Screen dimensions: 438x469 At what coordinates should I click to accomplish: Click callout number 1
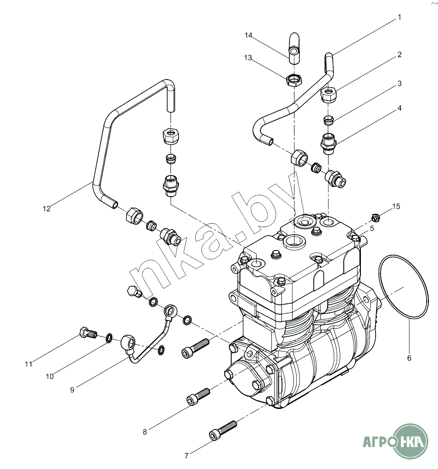399,17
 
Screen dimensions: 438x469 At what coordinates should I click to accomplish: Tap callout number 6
409,358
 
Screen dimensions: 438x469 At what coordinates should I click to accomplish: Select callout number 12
47,209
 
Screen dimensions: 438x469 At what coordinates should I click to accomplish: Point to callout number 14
249,35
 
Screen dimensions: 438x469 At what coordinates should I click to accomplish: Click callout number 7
187,456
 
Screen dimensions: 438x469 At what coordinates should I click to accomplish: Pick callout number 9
72,390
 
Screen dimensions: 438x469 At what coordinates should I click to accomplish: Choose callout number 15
396,206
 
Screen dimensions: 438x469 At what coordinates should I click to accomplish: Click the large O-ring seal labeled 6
404,287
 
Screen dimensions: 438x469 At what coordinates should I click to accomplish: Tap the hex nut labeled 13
295,80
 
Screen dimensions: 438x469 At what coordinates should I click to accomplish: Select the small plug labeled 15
376,218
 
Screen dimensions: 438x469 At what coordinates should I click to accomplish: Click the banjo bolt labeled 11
88,333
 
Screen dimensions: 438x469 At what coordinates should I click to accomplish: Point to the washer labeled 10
109,338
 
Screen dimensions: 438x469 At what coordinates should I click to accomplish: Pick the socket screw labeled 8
198,396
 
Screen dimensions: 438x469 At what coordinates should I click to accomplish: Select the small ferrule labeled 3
328,120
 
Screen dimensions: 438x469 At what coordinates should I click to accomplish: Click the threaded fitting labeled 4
328,143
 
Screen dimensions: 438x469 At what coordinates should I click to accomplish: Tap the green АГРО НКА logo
395,441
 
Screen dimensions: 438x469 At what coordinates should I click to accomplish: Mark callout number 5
372,229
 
